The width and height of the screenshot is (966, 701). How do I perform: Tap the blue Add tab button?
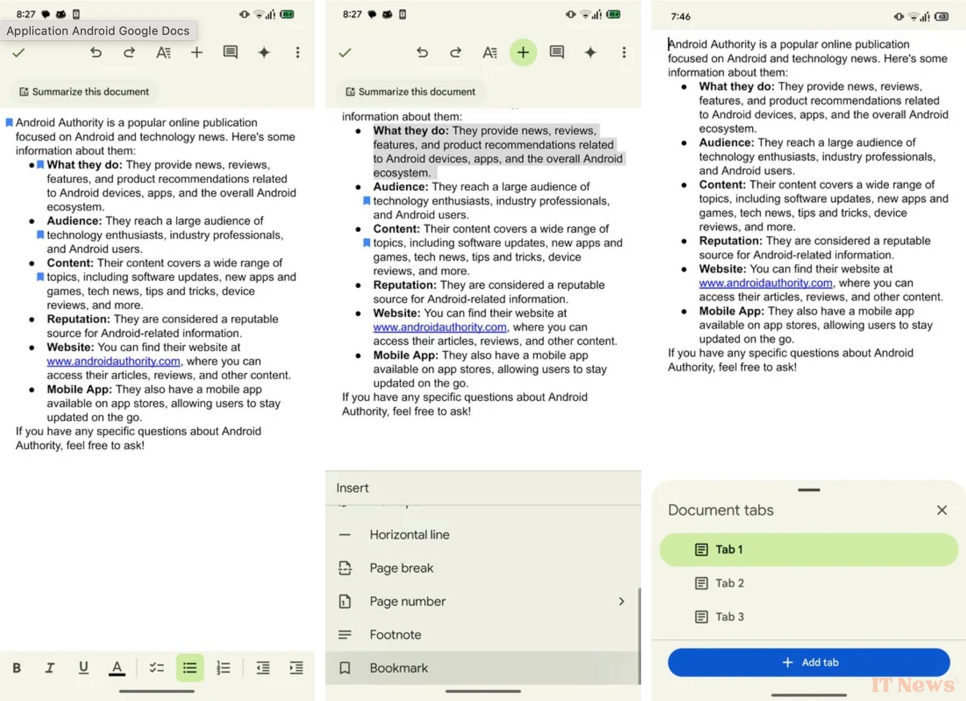[x=808, y=662]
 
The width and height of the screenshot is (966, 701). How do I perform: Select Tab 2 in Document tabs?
[x=729, y=583]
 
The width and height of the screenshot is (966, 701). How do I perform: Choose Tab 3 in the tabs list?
[x=729, y=617]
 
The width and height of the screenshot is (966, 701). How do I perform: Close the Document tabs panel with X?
[x=942, y=510]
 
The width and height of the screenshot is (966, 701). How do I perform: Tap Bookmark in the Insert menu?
[x=398, y=668]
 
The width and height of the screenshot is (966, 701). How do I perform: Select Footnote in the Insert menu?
[x=395, y=635]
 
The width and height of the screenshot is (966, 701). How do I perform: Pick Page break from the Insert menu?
[x=401, y=568]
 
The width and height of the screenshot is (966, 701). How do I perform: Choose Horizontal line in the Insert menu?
[x=409, y=535]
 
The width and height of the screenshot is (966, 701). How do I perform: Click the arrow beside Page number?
[x=622, y=602]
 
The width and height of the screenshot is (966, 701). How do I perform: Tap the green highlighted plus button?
[x=523, y=52]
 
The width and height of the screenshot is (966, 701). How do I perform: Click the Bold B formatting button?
[x=17, y=668]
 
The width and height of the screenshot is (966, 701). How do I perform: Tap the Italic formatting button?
[x=50, y=668]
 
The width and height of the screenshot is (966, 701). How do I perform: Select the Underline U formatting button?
[x=84, y=668]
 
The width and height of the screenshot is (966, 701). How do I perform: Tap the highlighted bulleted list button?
[x=190, y=668]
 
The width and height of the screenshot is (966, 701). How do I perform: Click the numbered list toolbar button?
[x=223, y=668]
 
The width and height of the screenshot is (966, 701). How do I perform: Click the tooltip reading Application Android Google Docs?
[x=98, y=31]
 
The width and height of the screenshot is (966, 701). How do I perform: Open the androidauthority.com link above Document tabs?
[x=765, y=283]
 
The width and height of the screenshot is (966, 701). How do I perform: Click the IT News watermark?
[x=913, y=685]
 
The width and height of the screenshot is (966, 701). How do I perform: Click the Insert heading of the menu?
[x=352, y=488]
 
